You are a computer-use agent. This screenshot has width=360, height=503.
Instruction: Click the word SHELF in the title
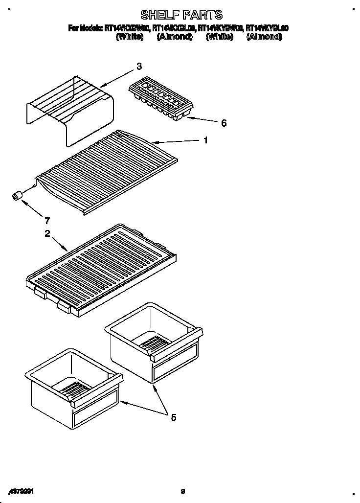pyautogui.click(x=158, y=15)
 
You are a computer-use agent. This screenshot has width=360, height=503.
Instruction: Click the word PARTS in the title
pyautogui.click(x=202, y=15)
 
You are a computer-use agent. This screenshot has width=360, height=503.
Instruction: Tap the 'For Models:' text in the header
pyautogui.click(x=85, y=29)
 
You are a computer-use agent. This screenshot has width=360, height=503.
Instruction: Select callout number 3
pyautogui.click(x=139, y=66)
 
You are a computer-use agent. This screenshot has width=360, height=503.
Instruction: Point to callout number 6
pyautogui.click(x=224, y=123)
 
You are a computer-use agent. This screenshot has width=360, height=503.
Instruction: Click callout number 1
pyautogui.click(x=206, y=140)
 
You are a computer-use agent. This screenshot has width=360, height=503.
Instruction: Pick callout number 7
pyautogui.click(x=47, y=220)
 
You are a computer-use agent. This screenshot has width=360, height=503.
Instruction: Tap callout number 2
pyautogui.click(x=47, y=234)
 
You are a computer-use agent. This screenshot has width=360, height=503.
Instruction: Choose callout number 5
pyautogui.click(x=173, y=417)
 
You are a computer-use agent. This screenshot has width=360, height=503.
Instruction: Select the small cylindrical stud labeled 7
pyautogui.click(x=17, y=196)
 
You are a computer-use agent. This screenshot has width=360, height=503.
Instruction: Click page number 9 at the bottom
pyautogui.click(x=182, y=491)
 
